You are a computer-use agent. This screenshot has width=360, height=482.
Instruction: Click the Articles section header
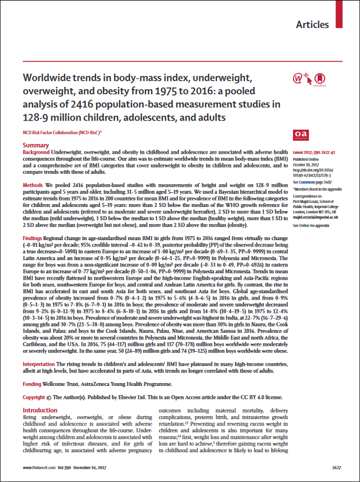312,25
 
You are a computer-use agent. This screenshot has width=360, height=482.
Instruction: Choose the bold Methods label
32,186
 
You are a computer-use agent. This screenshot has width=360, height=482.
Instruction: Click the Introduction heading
42,411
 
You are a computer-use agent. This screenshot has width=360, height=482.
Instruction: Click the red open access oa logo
300,134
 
